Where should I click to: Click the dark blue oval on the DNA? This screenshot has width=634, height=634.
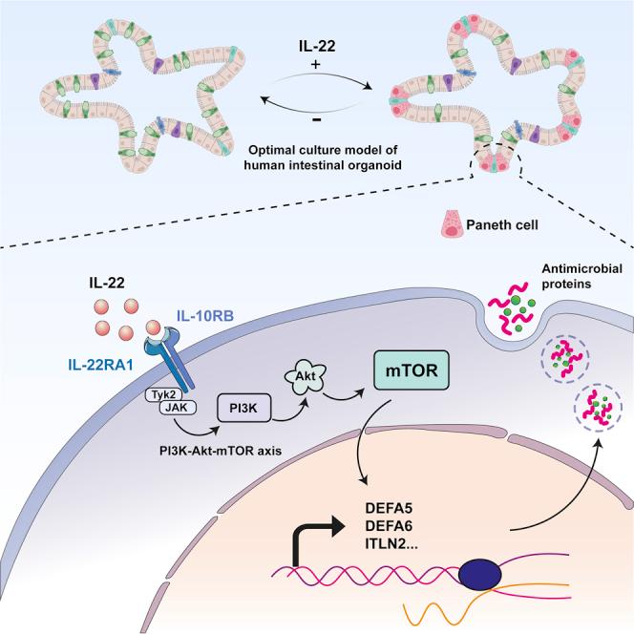[x=481, y=575]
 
